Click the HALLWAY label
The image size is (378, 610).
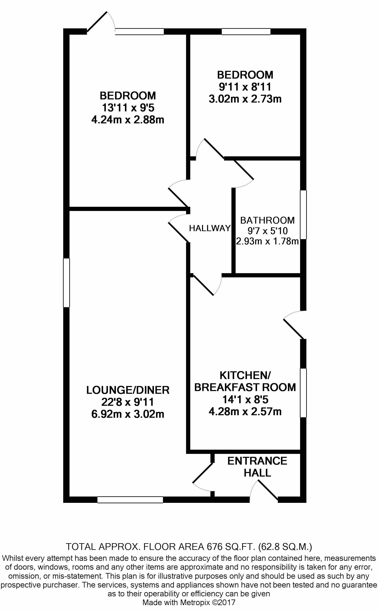coord(210,228)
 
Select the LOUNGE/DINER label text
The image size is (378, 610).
coord(128,390)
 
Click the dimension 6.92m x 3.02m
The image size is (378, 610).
coord(128,414)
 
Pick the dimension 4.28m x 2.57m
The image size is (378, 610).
coord(245,411)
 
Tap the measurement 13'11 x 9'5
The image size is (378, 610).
coord(128,108)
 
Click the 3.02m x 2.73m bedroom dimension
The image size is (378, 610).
coord(245,99)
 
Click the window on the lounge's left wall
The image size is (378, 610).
coord(66,283)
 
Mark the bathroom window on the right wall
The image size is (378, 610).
coord(303,215)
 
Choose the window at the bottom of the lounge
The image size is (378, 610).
coord(130,499)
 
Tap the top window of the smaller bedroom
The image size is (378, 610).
coord(246,32)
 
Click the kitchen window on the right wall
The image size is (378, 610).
coord(303,393)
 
